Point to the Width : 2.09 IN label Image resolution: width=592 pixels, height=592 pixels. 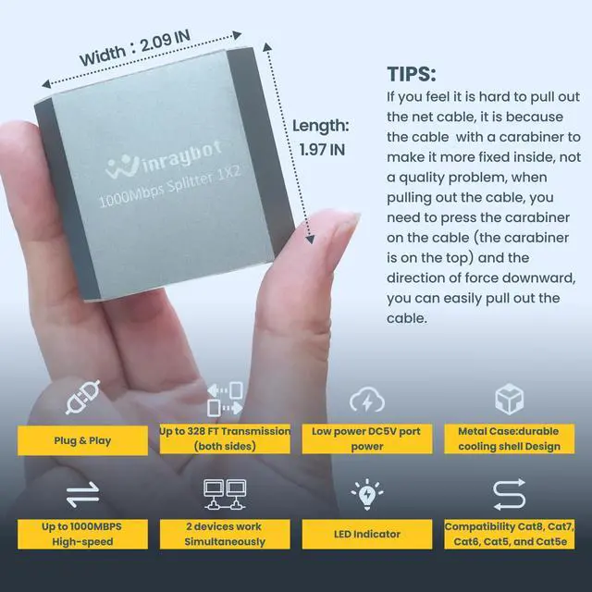tap(137, 43)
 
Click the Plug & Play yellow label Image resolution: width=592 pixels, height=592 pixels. tap(81, 439)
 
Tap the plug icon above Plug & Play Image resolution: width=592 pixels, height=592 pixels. tap(81, 401)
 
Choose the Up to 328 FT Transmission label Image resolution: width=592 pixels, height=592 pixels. tap(225, 438)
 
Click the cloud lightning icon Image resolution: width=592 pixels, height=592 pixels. tap(367, 401)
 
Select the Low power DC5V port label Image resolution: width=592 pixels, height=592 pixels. tap(367, 438)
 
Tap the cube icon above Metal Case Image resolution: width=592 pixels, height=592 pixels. tap(510, 401)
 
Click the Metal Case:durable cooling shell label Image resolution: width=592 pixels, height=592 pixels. tap(510, 438)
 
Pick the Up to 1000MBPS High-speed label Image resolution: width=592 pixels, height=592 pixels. tap(81, 533)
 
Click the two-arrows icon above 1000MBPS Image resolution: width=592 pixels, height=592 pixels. tap(82, 495)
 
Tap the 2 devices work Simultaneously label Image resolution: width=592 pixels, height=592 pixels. tap(225, 533)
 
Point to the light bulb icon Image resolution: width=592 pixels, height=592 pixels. tap(367, 494)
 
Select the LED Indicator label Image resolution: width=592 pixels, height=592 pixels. tap(367, 534)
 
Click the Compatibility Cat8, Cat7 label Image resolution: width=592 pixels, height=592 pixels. tap(510, 533)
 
